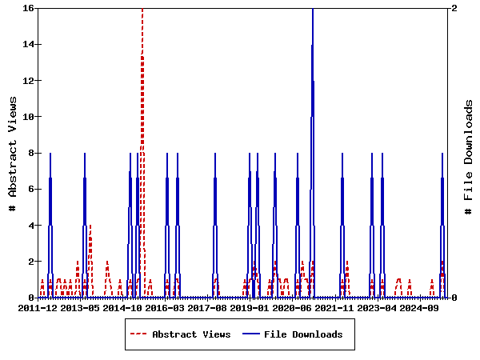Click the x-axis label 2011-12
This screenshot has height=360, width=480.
pos(38,308)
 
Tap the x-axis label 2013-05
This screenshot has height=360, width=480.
pos(80,308)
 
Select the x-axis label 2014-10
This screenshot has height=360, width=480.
pos(123,308)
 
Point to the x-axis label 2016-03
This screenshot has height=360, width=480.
pos(166,308)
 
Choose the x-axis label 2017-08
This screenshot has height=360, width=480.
pos(208,308)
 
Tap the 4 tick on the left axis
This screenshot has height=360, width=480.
pos(30,226)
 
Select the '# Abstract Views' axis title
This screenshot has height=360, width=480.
pos(13,153)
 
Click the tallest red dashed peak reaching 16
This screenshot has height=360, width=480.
pos(142,11)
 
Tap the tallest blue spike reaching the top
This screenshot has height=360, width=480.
pos(313,11)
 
